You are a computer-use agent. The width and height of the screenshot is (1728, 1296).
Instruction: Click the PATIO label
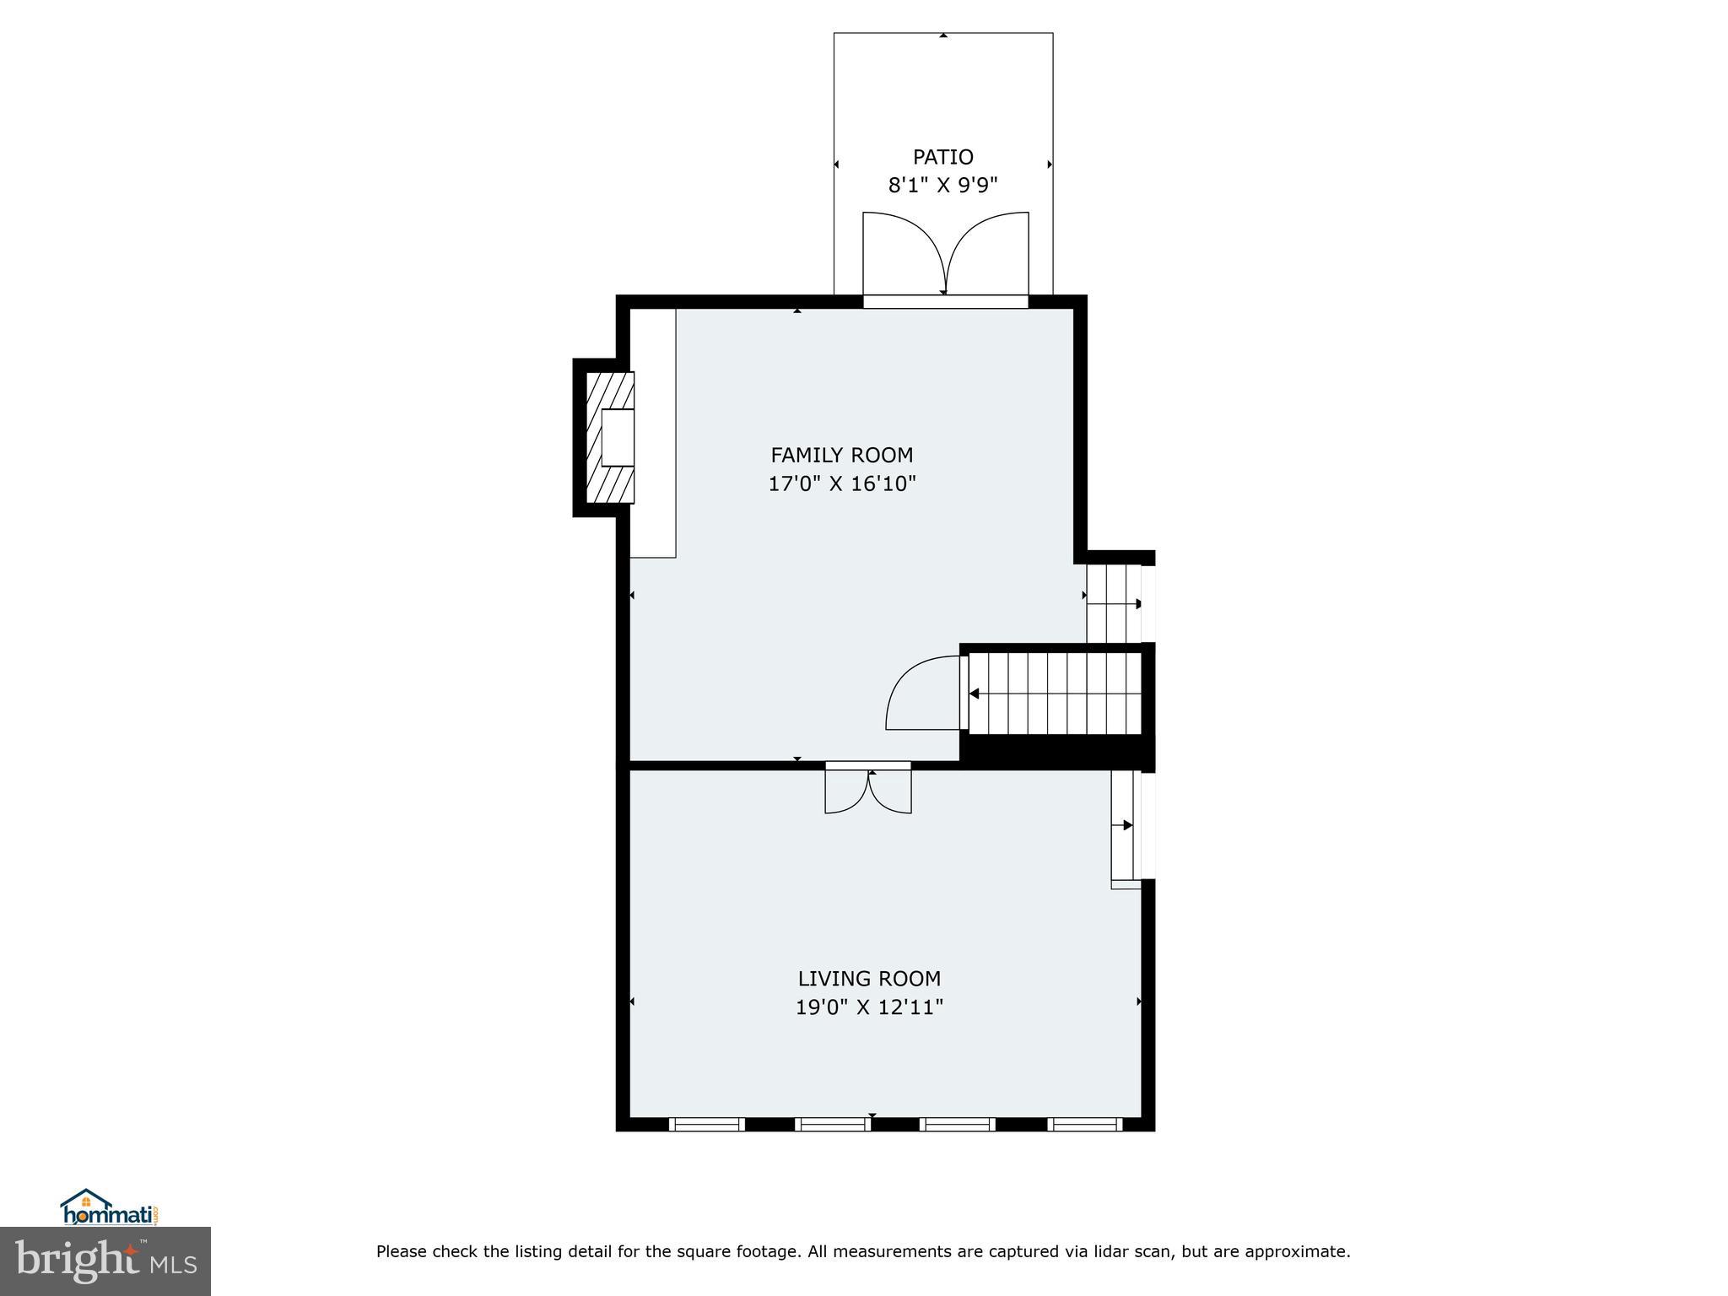(x=942, y=157)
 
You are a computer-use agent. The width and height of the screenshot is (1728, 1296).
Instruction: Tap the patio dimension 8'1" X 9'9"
(x=942, y=185)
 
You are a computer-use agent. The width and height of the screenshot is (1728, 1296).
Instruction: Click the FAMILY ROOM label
(x=841, y=455)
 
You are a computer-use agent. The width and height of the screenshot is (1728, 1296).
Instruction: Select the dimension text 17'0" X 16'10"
(x=841, y=483)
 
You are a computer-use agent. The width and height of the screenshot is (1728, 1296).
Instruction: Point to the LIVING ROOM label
(x=869, y=979)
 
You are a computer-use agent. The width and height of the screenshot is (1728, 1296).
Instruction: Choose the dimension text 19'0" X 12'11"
(x=869, y=1007)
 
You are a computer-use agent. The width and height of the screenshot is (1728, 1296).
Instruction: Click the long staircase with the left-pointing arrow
(x=1055, y=694)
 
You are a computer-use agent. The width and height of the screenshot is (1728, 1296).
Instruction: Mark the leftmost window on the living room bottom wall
(x=706, y=1124)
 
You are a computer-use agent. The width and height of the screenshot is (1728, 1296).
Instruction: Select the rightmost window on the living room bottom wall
(x=1084, y=1124)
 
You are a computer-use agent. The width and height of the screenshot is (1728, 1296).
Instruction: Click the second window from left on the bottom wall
(x=833, y=1124)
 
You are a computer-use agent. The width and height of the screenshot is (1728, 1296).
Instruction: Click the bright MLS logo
(x=105, y=1261)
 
